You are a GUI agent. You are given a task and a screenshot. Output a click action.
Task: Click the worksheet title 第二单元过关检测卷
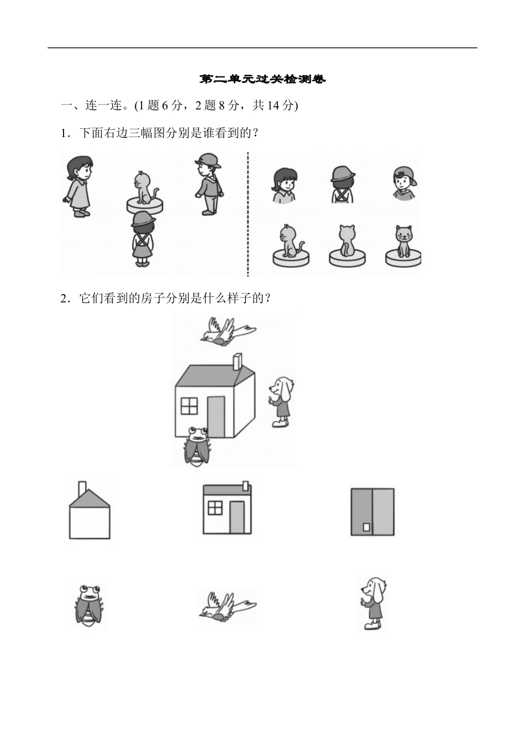click(262, 80)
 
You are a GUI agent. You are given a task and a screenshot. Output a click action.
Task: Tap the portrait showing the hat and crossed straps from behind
click(343, 184)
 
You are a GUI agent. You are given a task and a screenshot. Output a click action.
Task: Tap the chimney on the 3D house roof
click(237, 362)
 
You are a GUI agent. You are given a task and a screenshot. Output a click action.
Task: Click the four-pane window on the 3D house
click(189, 406)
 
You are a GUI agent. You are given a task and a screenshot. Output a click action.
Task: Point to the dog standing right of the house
click(281, 401)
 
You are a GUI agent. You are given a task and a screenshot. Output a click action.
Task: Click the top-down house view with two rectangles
click(372, 512)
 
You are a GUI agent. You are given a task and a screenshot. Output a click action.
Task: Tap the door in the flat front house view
click(237, 517)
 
